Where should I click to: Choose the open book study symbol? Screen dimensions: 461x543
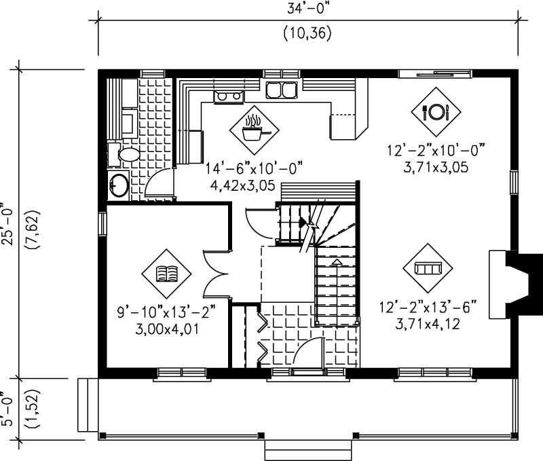(x=166, y=274)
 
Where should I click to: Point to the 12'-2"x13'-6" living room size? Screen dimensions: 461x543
(x=428, y=309)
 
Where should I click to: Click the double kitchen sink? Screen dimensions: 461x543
(x=281, y=90)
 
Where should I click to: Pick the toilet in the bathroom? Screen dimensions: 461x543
(x=126, y=155)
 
